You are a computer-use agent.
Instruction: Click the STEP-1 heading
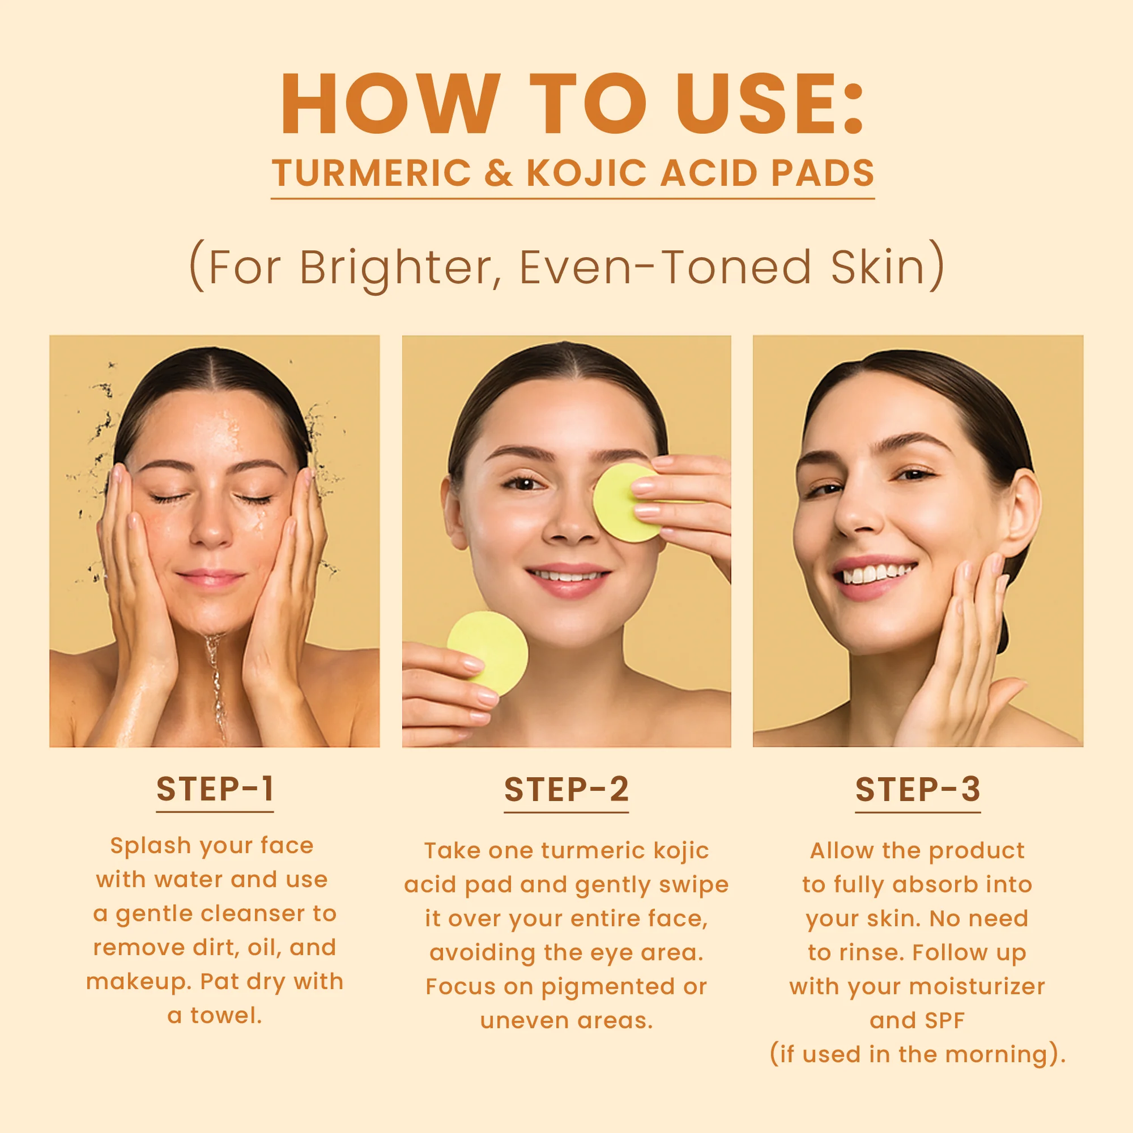[x=215, y=789]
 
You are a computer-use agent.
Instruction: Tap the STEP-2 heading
[x=566, y=789]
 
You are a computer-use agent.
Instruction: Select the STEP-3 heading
[x=918, y=789]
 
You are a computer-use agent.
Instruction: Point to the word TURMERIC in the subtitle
[x=372, y=173]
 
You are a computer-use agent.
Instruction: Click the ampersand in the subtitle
[x=498, y=173]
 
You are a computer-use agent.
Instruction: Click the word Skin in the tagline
[x=877, y=267]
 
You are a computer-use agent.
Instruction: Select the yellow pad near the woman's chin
[x=488, y=653]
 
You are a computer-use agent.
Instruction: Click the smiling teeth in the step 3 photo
[x=876, y=573]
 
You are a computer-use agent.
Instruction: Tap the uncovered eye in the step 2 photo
[x=523, y=483]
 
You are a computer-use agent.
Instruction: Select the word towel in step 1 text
[x=225, y=1016]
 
